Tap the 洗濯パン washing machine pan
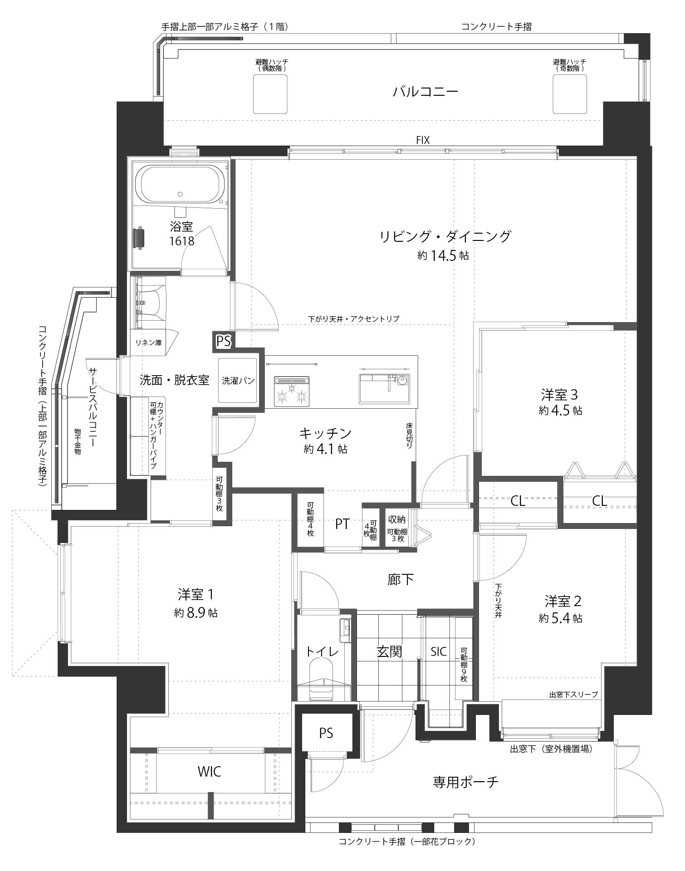coord(238,380)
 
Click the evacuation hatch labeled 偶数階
coord(270,94)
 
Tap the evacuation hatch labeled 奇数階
coord(569,94)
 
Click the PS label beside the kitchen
coord(223,341)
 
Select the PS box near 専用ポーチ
coord(326,733)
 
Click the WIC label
coord(209,771)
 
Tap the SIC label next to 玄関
coord(439,652)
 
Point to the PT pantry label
coord(342,524)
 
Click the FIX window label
coord(422,140)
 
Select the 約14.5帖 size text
coord(443,255)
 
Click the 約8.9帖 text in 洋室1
coord(196,613)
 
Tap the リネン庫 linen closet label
coord(148,343)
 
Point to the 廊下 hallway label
coord(401,579)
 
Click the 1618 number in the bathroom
coord(181,241)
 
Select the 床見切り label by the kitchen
coord(409,436)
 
